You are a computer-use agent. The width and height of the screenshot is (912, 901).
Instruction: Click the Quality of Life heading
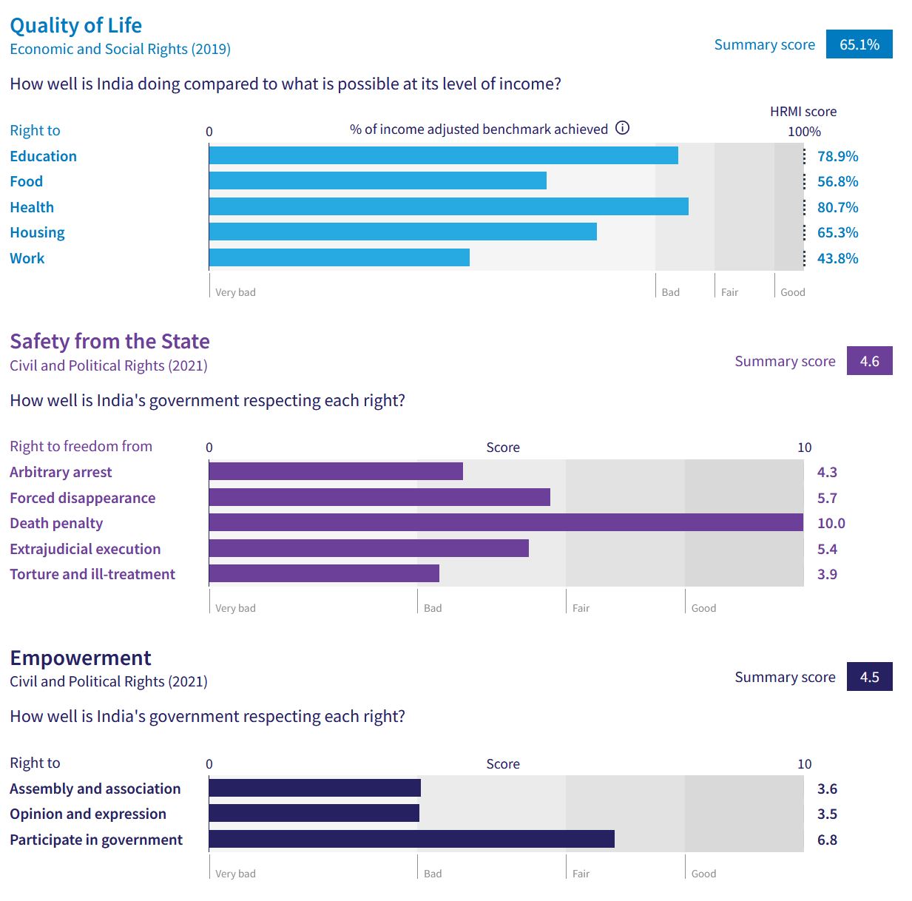point(75,25)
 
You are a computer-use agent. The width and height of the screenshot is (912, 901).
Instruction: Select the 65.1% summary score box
point(859,44)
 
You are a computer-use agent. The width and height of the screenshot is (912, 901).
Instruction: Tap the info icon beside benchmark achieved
point(623,128)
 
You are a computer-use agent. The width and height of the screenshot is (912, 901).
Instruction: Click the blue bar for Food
point(377,181)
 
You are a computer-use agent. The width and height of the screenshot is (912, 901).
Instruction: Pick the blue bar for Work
point(339,258)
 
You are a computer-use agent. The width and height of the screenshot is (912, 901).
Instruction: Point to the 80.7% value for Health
point(837,207)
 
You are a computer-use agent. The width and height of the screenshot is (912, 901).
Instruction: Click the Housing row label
point(37,233)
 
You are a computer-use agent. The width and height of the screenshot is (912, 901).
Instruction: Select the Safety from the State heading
point(109,341)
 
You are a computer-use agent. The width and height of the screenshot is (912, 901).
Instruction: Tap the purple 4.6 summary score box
point(869,361)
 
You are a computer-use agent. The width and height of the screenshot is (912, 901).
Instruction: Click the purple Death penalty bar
point(506,523)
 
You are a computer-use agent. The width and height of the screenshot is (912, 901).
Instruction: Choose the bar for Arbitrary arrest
point(336,472)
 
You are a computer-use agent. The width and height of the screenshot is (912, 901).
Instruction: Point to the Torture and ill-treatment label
point(92,575)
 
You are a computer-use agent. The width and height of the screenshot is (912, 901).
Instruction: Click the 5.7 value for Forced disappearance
point(827,498)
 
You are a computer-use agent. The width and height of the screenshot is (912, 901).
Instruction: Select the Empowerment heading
point(80,658)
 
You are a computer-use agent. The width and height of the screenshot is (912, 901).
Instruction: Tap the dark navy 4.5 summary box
point(869,677)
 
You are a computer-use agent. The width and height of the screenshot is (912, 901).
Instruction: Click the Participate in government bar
point(411,840)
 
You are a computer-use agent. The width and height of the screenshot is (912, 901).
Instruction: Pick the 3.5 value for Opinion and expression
point(827,814)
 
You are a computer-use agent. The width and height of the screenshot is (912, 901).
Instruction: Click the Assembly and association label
point(95,789)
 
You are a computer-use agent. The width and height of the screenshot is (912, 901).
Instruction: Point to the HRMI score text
point(803,112)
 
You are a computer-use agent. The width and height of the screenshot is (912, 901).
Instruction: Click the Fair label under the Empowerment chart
point(581,874)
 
